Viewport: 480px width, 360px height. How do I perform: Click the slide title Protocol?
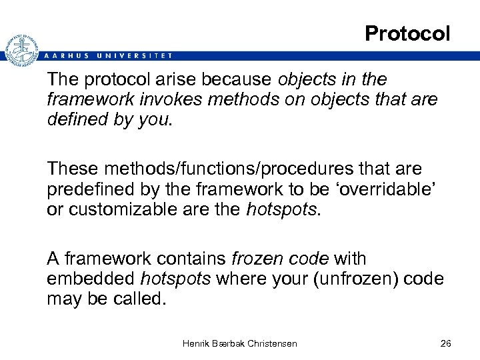(407, 33)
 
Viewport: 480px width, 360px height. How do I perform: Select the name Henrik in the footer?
(197, 343)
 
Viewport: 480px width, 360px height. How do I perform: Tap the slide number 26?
(446, 343)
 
